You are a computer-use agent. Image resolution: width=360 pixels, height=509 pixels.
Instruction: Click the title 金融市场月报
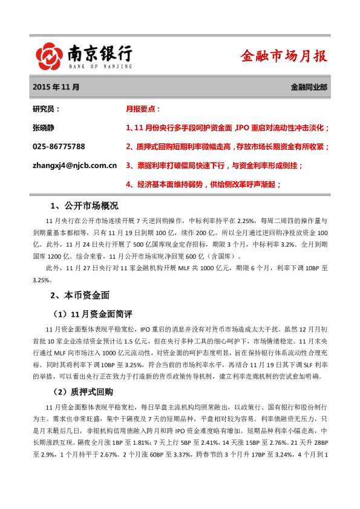click(284, 56)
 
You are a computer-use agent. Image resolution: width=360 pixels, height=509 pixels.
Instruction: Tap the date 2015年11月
click(56, 87)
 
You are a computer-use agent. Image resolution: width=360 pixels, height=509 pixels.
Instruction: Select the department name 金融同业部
click(309, 87)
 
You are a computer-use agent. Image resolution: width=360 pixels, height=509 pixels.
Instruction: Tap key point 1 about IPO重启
click(227, 128)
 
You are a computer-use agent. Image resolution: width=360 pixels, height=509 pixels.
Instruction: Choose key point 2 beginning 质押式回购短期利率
click(227, 146)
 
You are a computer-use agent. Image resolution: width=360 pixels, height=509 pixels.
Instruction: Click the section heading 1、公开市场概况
click(84, 206)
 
